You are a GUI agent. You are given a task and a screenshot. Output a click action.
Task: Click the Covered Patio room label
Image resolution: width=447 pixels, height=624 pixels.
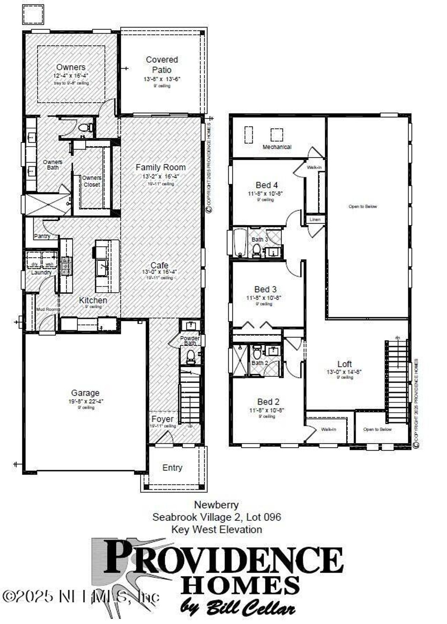(162, 65)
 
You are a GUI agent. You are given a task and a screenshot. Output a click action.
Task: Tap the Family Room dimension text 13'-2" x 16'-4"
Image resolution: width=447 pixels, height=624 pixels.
(160, 176)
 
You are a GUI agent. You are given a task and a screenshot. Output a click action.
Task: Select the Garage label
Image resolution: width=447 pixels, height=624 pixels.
(85, 393)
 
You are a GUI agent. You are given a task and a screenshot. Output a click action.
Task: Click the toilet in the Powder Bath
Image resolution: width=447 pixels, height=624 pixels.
(191, 357)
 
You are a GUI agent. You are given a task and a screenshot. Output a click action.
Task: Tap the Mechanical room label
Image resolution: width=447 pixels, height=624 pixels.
(277, 147)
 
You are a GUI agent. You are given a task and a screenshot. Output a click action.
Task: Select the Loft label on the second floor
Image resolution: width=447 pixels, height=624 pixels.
(344, 364)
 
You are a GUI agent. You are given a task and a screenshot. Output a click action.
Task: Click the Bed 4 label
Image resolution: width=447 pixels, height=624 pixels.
(266, 185)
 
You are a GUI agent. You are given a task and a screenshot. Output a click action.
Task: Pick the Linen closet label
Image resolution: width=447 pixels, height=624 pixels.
(315, 219)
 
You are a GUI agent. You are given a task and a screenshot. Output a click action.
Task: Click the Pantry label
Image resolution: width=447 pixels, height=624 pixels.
(42, 236)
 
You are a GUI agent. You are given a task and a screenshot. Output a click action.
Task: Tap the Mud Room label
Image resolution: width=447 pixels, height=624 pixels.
(47, 309)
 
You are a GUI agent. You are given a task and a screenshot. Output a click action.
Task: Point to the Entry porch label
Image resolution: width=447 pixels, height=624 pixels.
(172, 467)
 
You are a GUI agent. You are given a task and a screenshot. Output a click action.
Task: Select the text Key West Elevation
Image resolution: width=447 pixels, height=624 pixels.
(217, 529)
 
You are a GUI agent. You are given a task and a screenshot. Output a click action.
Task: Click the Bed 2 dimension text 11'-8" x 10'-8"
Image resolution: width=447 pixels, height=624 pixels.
(266, 410)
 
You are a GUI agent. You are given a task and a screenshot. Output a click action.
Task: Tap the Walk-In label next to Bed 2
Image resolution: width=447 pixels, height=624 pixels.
(328, 429)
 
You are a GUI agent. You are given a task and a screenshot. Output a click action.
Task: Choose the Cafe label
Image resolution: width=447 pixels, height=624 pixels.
(159, 265)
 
